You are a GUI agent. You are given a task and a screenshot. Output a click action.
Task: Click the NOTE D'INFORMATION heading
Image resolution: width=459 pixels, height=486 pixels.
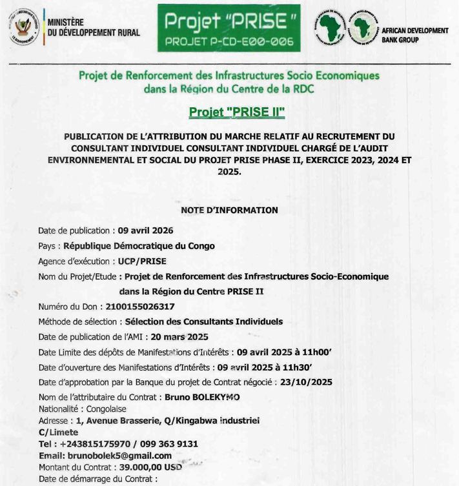coord(230,210)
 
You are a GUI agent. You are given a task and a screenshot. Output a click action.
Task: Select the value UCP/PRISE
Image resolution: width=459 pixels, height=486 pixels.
coord(142,261)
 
